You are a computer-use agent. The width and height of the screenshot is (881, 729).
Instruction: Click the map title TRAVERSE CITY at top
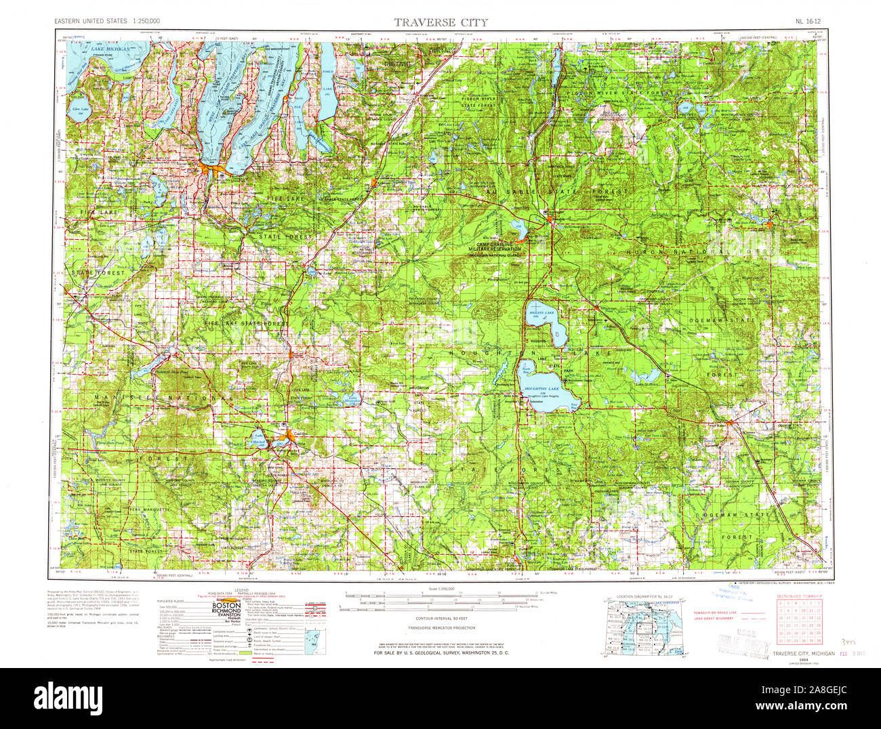[440, 22]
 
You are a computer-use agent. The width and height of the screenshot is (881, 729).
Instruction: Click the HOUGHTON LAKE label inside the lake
[539, 389]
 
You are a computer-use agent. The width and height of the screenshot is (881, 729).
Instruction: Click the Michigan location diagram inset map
[636, 627]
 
